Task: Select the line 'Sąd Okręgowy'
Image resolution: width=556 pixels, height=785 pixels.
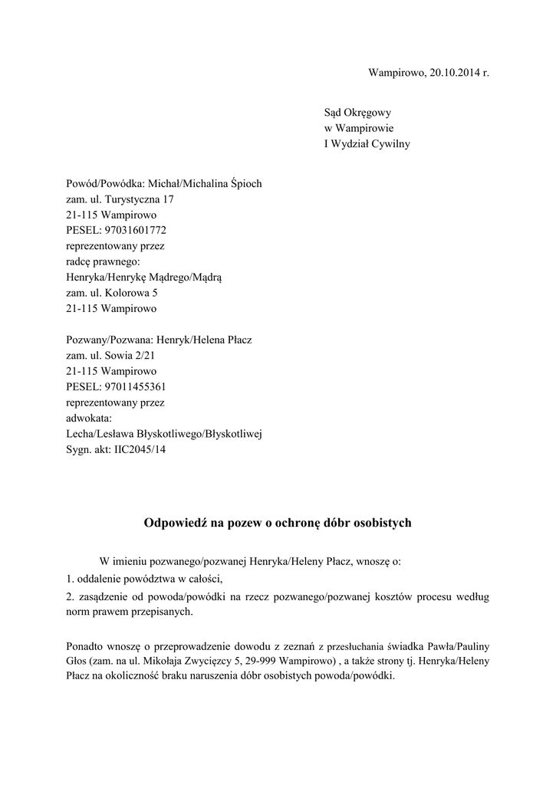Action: point(357,113)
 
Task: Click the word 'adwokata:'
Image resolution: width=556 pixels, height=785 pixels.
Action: point(90,418)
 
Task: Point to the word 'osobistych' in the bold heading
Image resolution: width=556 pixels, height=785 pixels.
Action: point(382,524)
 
